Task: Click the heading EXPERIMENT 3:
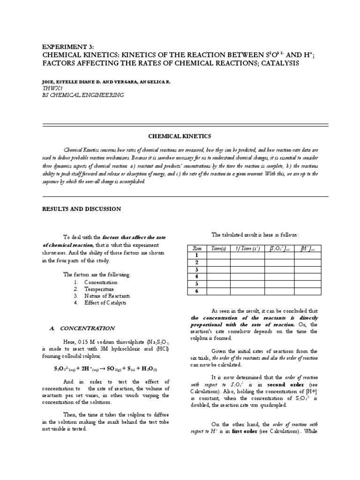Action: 68,47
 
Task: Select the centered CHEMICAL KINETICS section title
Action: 180,136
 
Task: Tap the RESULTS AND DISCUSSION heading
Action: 82,209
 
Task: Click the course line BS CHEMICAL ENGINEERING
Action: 82,95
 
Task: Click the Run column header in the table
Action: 196,248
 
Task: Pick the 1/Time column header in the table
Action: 247,248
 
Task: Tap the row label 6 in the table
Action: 196,291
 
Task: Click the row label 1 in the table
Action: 196,255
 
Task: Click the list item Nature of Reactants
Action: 107,296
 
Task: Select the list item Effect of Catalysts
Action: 105,303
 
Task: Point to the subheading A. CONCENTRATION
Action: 82,329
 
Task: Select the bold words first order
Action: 244,431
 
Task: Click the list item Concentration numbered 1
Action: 101,283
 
